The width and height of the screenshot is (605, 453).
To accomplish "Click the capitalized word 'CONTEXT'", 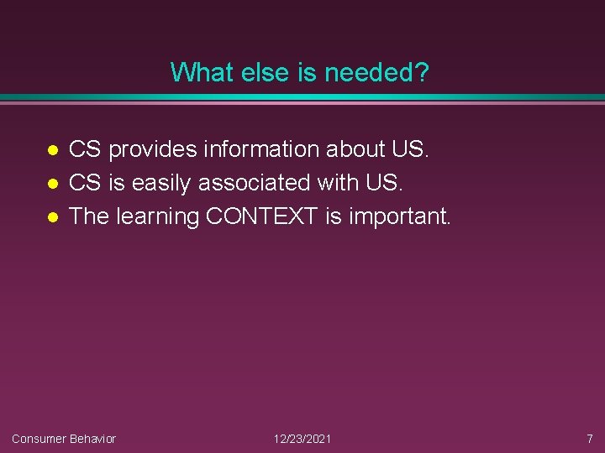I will pyautogui.click(x=262, y=216).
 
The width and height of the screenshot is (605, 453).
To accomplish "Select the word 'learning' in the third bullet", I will pyautogui.click(x=158, y=217).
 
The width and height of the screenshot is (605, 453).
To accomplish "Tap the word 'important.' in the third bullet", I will pyautogui.click(x=400, y=217).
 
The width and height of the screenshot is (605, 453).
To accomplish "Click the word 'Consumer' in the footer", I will pyautogui.click(x=39, y=439).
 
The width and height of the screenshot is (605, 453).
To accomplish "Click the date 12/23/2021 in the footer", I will pyautogui.click(x=302, y=439).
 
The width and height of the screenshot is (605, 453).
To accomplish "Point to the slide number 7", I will pyautogui.click(x=589, y=439).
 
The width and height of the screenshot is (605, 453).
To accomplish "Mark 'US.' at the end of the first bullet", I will pyautogui.click(x=411, y=149).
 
